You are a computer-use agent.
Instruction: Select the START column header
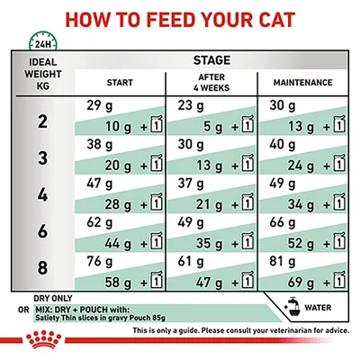(120, 83)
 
